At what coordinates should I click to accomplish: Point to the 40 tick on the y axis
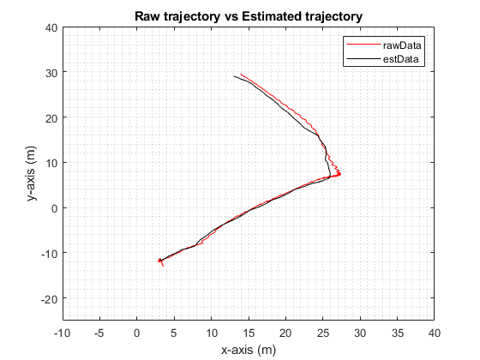coord(51,27)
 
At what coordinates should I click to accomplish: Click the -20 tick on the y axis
coord(48,297)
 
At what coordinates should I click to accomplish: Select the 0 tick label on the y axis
coord(53,207)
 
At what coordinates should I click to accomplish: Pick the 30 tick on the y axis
coord(51,73)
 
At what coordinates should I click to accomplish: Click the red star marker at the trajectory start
coord(159,261)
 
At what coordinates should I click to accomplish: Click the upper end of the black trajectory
coord(234,76)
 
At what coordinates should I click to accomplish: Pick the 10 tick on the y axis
coord(51,163)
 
